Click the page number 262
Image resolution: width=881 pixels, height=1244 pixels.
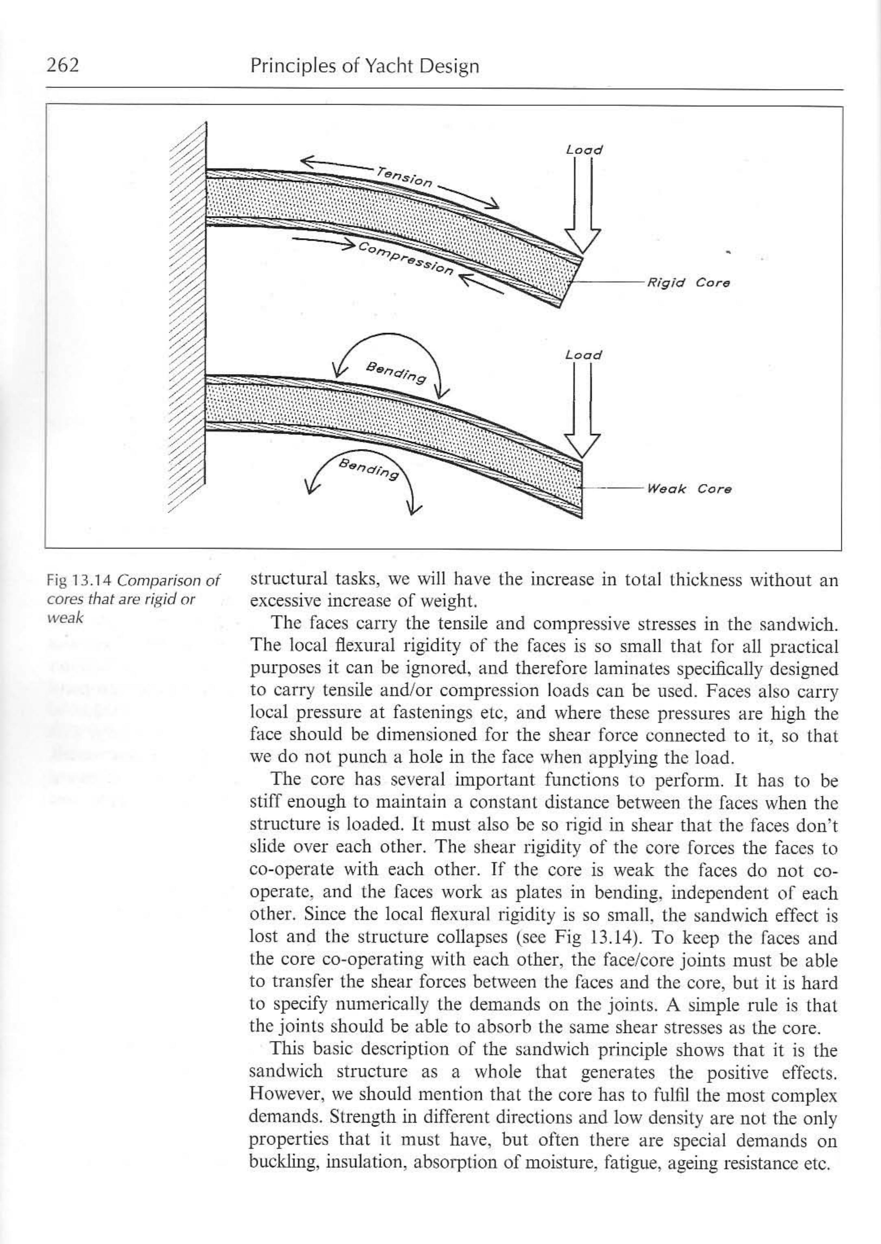(63, 65)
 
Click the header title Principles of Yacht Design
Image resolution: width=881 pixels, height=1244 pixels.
(364, 66)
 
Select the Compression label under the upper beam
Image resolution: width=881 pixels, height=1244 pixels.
(405, 259)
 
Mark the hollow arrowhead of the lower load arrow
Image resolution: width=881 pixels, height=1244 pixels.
(582, 446)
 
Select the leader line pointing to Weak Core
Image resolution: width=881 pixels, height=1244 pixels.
(613, 488)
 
